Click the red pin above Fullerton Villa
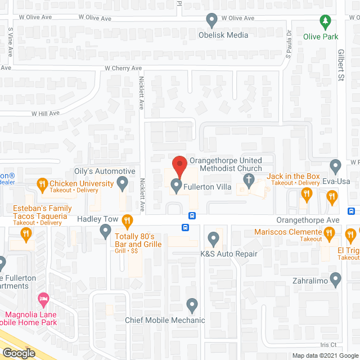pyautogui.click(x=179, y=166)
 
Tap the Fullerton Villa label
pyautogui.click(x=210, y=183)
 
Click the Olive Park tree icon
pyautogui.click(x=325, y=22)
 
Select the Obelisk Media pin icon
pyautogui.click(x=211, y=21)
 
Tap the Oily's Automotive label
pyautogui.click(x=105, y=171)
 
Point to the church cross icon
pyautogui.click(x=249, y=180)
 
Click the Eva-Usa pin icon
pyautogui.click(x=336, y=166)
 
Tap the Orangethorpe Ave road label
pyautogui.click(x=308, y=220)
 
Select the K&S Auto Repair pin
pyautogui.click(x=213, y=238)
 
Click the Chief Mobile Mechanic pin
pyautogui.click(x=192, y=305)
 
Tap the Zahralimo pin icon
pyautogui.click(x=336, y=278)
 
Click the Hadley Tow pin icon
pyautogui.click(x=105, y=231)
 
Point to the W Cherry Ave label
pyautogui.click(x=124, y=68)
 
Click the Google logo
pyautogui.click(x=19, y=353)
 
